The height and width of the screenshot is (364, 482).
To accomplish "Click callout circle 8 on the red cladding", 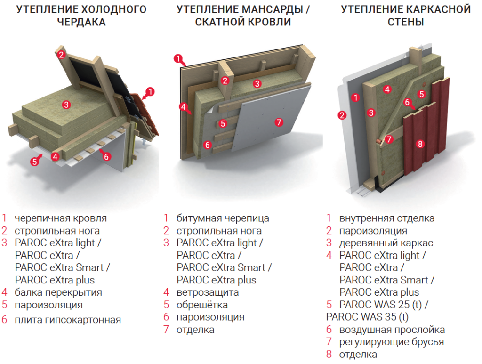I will coord(420,144).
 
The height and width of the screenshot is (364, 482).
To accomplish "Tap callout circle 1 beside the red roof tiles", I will coord(150,91).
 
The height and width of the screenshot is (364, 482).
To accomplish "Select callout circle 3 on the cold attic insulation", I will coord(66,105).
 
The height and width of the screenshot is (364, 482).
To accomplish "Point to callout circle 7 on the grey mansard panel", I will coord(279,122).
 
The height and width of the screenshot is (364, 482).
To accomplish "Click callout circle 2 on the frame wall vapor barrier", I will coord(342,114).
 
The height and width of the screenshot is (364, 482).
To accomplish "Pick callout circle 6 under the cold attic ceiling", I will coord(106,156).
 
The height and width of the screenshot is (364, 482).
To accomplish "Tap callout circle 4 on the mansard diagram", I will coord(183,106).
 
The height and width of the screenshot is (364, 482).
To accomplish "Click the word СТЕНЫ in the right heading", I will coord(405,22).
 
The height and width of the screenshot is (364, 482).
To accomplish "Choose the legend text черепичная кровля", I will coord(61,218).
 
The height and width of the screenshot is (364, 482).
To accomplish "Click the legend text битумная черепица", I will coord(223,218).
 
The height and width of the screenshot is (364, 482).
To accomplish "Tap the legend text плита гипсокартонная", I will coord(68,320).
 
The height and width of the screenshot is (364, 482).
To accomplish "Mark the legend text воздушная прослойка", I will coord(392,330).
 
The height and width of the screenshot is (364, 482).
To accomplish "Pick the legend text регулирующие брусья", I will coord(391,342).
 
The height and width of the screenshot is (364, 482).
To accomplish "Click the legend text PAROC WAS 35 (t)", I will coord(367,317).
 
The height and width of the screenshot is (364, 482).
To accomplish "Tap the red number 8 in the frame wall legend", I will coord(329,354).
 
